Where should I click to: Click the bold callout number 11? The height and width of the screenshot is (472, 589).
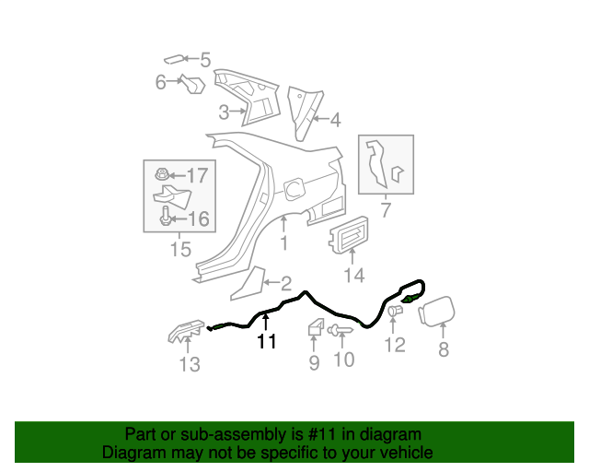click(267, 341)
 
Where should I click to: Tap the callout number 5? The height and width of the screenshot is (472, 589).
click(205, 60)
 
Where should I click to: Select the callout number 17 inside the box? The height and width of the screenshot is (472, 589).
click(197, 175)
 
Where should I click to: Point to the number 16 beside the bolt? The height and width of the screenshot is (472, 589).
click(198, 219)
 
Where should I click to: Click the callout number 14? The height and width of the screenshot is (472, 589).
click(354, 275)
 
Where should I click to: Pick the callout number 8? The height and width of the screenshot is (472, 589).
click(444, 349)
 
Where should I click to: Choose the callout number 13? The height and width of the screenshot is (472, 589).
click(190, 364)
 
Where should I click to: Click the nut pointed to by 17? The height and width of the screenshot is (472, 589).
click(162, 174)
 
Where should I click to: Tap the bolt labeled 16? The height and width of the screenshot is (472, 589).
click(166, 216)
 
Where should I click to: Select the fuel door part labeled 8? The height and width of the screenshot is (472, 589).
click(437, 311)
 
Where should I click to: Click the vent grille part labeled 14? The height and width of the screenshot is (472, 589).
click(349, 234)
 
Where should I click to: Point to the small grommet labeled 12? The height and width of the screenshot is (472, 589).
click(395, 311)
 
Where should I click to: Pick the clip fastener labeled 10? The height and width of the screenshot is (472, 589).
click(340, 330)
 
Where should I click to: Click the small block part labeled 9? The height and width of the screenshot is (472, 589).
click(316, 326)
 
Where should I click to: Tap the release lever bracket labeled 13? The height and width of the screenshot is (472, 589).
click(186, 331)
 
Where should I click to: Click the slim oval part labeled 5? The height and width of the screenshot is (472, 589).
click(175, 60)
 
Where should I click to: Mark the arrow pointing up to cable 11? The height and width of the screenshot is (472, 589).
click(266, 324)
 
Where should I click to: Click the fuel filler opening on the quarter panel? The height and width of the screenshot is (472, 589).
click(294, 189)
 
